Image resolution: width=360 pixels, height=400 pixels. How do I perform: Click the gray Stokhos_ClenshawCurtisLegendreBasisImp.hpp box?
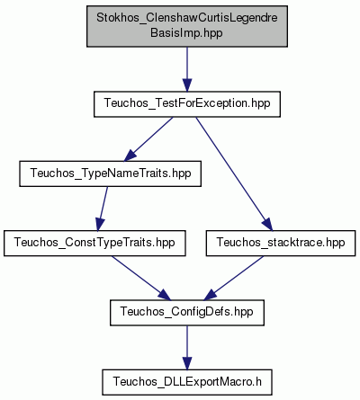tap(187, 26)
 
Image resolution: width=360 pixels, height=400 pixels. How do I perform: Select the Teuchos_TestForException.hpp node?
tap(187, 104)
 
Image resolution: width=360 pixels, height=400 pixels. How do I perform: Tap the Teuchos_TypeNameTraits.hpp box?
tap(110, 173)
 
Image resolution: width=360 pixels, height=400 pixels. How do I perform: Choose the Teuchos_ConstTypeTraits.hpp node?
tap(94, 244)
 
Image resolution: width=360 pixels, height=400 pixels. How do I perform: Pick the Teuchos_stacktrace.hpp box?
tap(281, 244)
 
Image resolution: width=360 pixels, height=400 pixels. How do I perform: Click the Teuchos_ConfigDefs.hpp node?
tap(187, 313)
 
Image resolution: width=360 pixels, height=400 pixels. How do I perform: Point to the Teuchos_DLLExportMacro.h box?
tap(187, 382)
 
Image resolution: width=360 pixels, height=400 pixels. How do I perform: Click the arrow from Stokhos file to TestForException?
tap(187, 69)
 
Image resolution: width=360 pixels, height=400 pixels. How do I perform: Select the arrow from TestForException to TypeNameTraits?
tap(148, 139)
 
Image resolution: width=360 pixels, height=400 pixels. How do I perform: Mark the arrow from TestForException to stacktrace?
tap(234, 173)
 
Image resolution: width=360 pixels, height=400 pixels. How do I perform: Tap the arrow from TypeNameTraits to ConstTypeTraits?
tap(103, 209)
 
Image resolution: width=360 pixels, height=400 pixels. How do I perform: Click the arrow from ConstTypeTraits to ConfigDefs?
tap(141, 278)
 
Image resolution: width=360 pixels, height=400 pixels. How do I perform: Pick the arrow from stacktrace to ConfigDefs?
tap(234, 278)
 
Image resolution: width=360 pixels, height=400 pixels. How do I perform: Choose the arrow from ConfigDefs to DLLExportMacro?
tap(187, 348)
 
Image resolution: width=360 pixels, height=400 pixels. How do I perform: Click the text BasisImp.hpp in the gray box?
tap(186, 33)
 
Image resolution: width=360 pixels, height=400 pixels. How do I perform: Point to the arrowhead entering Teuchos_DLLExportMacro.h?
tap(187, 363)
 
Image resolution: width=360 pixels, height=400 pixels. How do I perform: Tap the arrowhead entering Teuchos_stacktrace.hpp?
tap(266, 224)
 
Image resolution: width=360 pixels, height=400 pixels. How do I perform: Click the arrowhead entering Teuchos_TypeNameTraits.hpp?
tap(130, 156)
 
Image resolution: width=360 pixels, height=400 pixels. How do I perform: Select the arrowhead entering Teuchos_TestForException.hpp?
tap(187, 85)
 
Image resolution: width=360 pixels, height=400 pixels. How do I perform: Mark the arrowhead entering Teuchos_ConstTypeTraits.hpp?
tap(100, 224)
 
